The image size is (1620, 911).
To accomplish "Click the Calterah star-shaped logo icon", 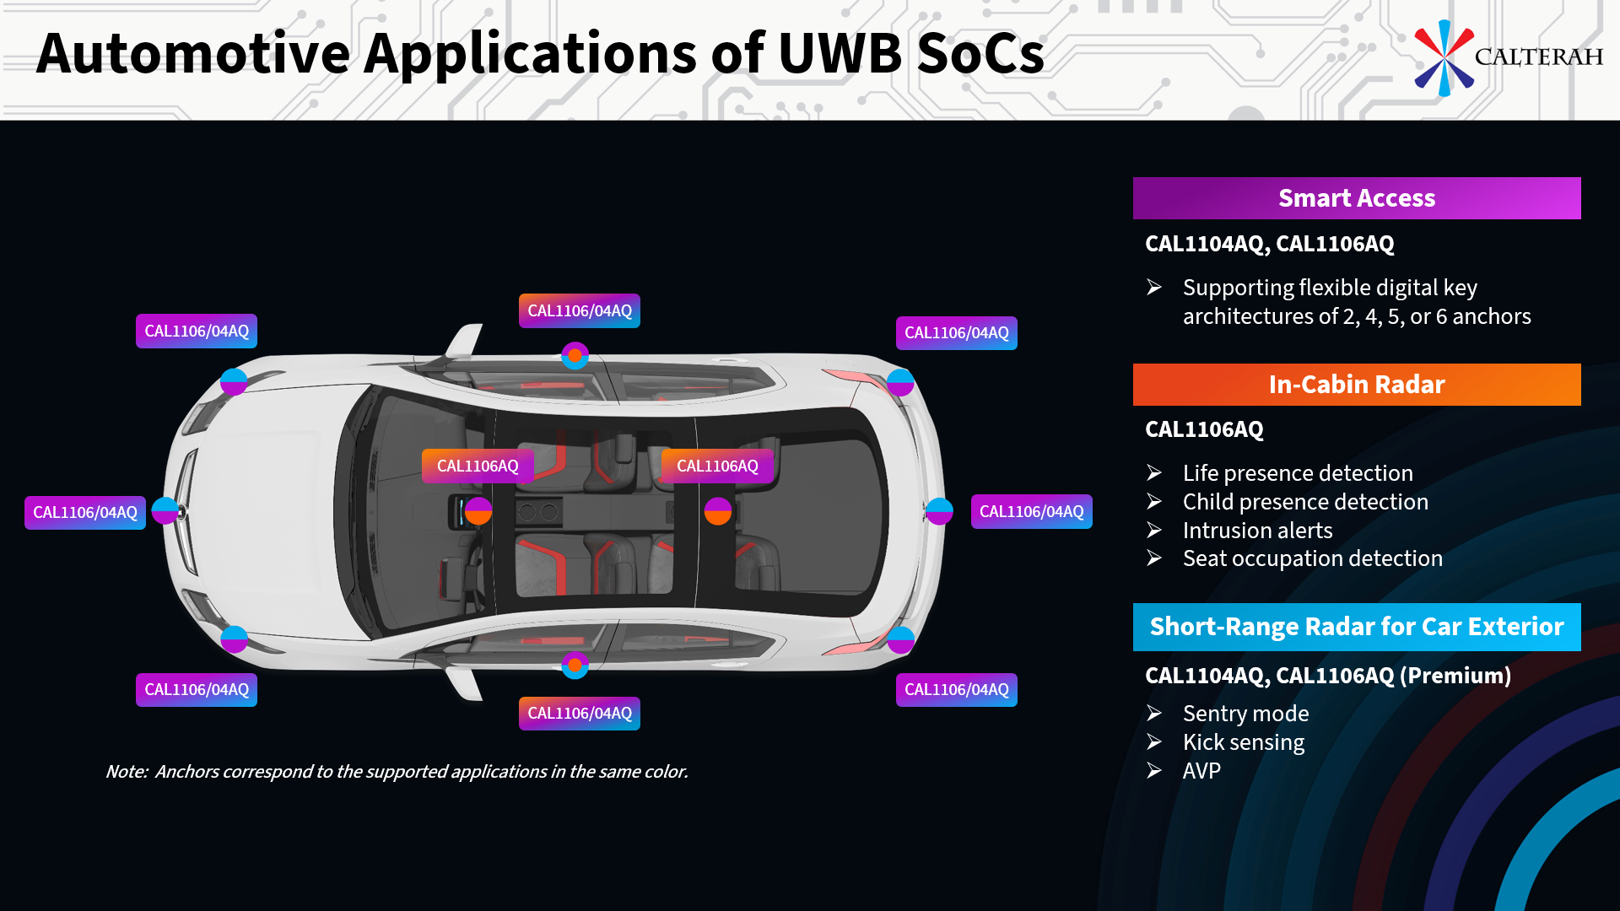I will pyautogui.click(x=1444, y=57).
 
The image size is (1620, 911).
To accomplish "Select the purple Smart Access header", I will pyautogui.click(x=1356, y=198).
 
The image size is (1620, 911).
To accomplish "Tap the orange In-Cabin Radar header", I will pyautogui.click(x=1356, y=385).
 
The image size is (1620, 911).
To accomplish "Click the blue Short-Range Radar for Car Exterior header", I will pyautogui.click(x=1356, y=627).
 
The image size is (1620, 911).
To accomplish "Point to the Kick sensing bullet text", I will pyautogui.click(x=1243, y=742).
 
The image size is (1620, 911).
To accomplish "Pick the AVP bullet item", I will pyautogui.click(x=1201, y=771).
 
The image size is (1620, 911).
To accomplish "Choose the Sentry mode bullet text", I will pyautogui.click(x=1245, y=714).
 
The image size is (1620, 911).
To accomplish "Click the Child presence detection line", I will pyautogui.click(x=1304, y=502).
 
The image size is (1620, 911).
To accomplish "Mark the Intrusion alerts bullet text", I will pyautogui.click(x=1257, y=531).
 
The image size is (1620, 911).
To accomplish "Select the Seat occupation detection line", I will pyautogui.click(x=1312, y=558).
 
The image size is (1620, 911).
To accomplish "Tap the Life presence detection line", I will pyautogui.click(x=1297, y=473).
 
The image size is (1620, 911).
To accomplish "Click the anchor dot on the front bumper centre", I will pyautogui.click(x=165, y=511).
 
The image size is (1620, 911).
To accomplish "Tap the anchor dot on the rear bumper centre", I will pyautogui.click(x=939, y=511).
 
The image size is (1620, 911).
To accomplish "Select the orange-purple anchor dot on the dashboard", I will pyautogui.click(x=478, y=511).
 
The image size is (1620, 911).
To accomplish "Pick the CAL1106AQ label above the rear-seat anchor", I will pyautogui.click(x=717, y=466).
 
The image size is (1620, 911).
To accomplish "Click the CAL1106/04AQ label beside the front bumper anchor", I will pyautogui.click(x=85, y=513).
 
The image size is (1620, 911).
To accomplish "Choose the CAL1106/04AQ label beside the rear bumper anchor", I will pyautogui.click(x=1031, y=512).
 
